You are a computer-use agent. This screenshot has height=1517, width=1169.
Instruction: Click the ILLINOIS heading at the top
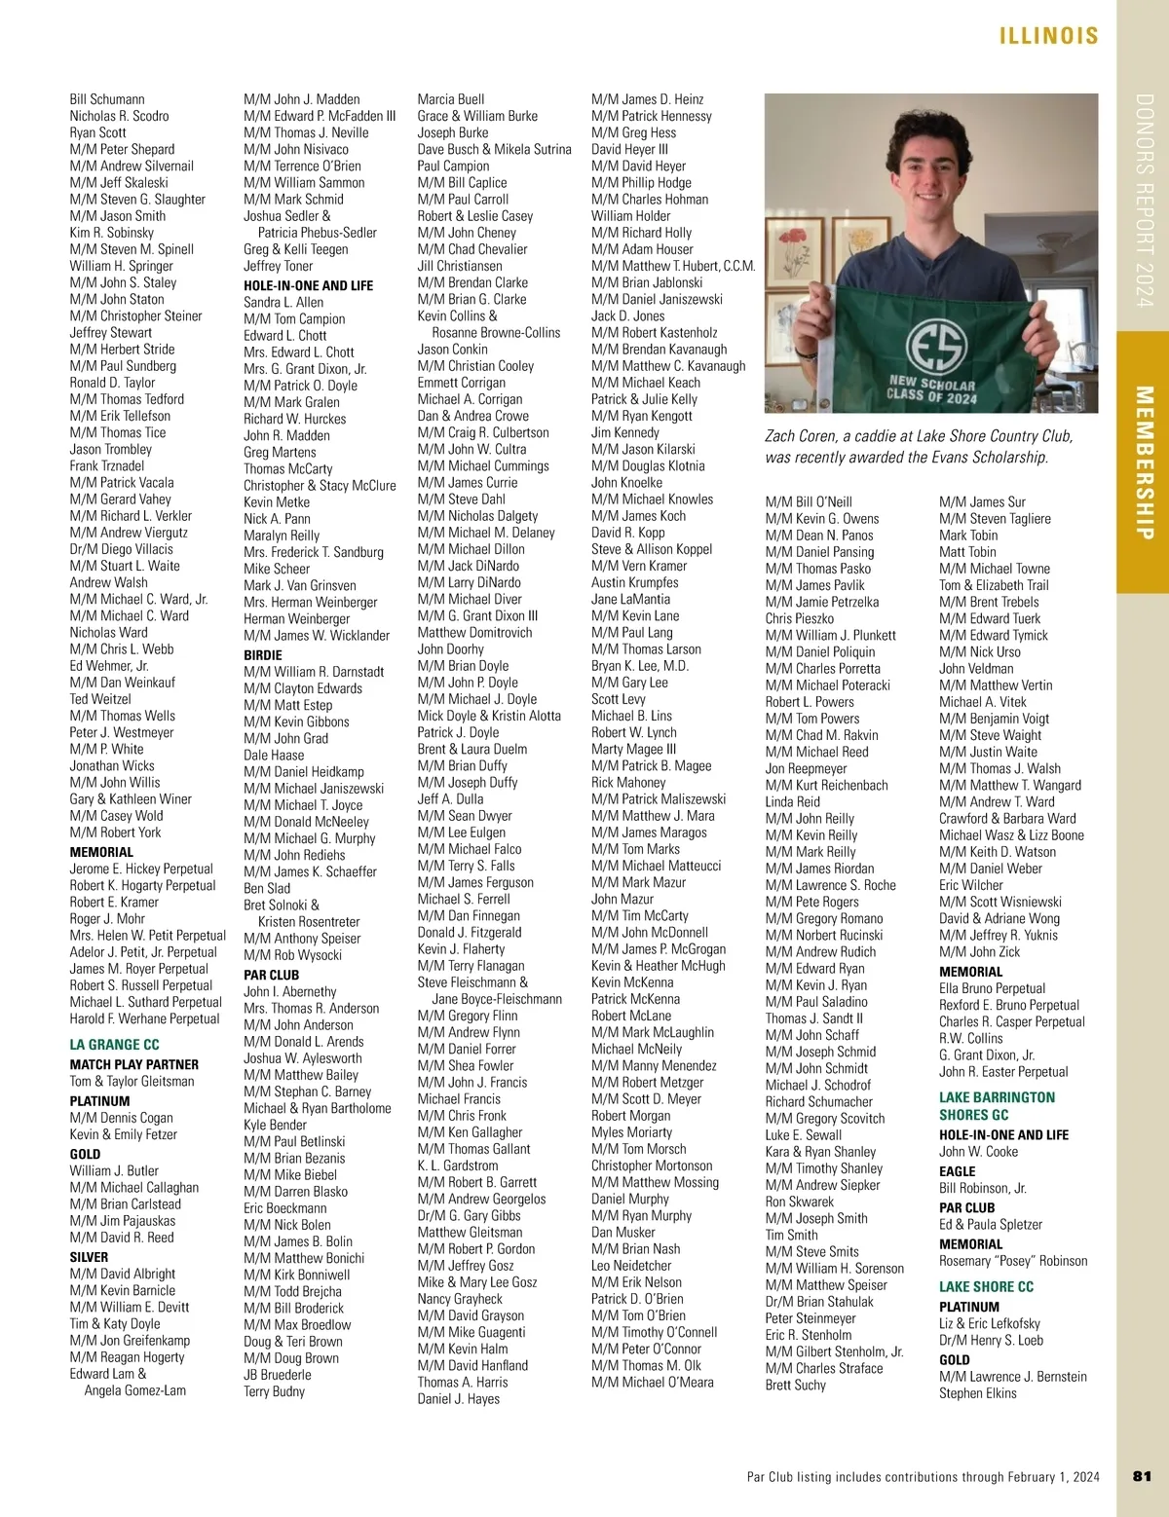(x=1048, y=36)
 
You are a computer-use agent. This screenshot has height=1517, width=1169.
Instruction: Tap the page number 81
(x=1143, y=1476)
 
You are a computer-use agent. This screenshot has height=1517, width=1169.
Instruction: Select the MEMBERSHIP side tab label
(x=1144, y=462)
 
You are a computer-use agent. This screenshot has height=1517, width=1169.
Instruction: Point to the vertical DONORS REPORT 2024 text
(x=1144, y=201)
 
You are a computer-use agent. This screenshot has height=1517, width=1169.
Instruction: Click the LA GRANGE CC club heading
(x=114, y=1044)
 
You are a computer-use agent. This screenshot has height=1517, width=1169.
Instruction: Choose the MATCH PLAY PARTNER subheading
(x=133, y=1064)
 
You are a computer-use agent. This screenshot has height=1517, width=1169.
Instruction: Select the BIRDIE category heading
(x=263, y=655)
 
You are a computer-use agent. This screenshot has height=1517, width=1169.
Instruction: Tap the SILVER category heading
(x=89, y=1257)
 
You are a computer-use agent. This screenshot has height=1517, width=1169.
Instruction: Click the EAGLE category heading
(x=957, y=1171)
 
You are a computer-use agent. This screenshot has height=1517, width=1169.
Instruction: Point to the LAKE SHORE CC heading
(x=986, y=1286)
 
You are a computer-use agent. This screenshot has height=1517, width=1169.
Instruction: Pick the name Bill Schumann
(x=107, y=99)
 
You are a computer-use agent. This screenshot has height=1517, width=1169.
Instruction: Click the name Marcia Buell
(x=450, y=99)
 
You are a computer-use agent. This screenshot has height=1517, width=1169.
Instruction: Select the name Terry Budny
(x=274, y=1391)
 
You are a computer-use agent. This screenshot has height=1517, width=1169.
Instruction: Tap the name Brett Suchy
(x=795, y=1385)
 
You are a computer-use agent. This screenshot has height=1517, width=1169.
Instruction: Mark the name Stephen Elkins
(x=977, y=1393)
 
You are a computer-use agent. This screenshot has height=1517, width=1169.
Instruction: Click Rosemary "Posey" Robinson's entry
(x=1013, y=1261)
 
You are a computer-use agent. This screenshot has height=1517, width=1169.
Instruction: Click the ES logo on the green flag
(x=935, y=347)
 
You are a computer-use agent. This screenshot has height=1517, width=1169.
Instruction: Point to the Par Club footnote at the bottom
(x=923, y=1477)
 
